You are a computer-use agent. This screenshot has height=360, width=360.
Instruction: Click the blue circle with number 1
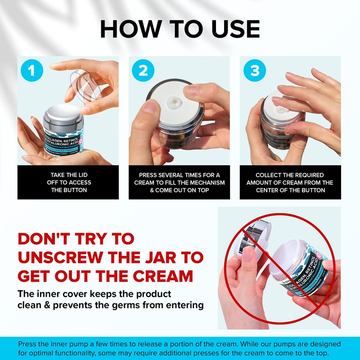(31, 71)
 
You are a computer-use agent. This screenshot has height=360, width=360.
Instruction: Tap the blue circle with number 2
(143, 71)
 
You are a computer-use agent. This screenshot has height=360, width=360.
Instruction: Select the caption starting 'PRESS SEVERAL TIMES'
(179, 182)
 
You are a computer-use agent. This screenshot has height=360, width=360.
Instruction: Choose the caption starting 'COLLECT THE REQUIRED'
(290, 182)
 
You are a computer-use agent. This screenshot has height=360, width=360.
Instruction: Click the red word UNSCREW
(63, 257)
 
